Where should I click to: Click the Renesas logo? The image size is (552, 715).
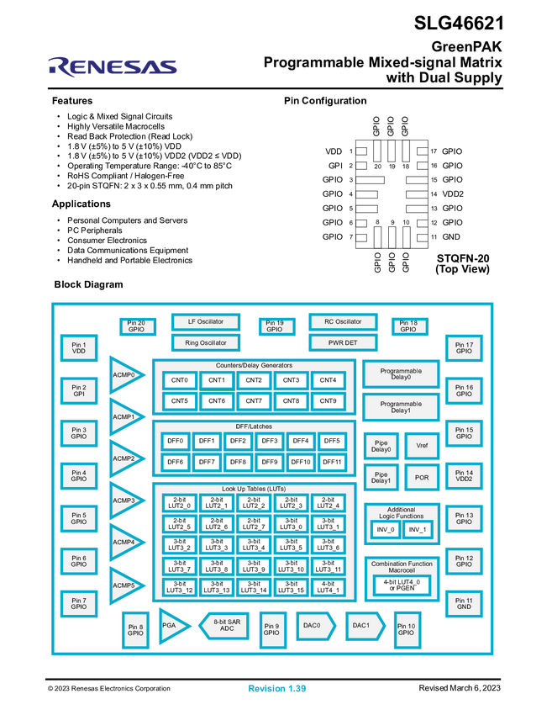(x=113, y=66)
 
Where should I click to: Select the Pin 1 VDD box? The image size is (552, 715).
(x=79, y=347)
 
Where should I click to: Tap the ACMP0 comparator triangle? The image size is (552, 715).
(x=124, y=374)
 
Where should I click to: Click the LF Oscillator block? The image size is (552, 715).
(x=206, y=322)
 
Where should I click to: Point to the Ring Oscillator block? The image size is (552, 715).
(x=206, y=342)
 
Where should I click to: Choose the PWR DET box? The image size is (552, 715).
(x=343, y=342)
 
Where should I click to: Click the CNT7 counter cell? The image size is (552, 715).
(x=254, y=400)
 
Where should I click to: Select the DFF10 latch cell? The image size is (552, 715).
(x=300, y=462)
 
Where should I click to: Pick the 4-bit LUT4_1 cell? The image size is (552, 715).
(x=328, y=586)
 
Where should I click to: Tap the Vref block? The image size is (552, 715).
(x=422, y=446)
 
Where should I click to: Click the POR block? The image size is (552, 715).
(x=422, y=477)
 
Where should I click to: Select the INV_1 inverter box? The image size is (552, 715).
(x=418, y=530)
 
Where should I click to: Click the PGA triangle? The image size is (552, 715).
(x=172, y=626)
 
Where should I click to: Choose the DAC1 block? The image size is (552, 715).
(x=363, y=625)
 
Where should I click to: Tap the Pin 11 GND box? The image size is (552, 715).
(x=464, y=603)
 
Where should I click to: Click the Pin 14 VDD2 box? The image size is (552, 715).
(x=464, y=476)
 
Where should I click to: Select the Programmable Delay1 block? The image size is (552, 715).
(x=402, y=407)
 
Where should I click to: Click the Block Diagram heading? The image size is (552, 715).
(x=88, y=284)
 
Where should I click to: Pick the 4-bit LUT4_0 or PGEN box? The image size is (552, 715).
(x=402, y=584)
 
